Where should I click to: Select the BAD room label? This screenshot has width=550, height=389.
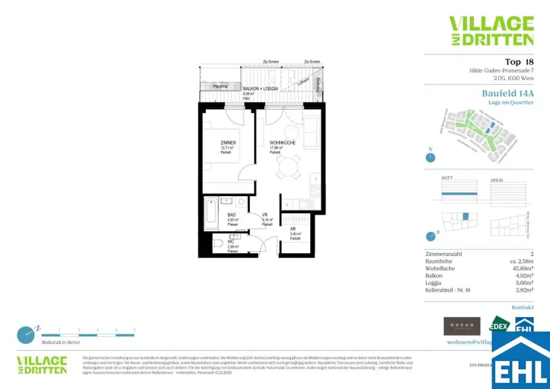click(x=231, y=214)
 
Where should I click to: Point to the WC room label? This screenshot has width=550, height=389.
click(x=231, y=242)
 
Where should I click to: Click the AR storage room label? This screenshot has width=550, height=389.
click(x=293, y=228)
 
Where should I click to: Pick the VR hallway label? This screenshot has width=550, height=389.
click(x=265, y=214)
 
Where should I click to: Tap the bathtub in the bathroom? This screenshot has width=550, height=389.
click(x=210, y=213)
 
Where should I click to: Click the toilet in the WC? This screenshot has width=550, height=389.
click(x=218, y=244)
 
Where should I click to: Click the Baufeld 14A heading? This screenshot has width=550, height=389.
click(x=508, y=93)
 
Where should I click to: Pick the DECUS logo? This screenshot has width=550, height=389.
click(x=462, y=326)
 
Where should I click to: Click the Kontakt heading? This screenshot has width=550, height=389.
click(x=523, y=307)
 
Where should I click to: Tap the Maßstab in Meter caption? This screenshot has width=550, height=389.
click(x=61, y=342)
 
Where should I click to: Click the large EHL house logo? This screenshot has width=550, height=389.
click(x=520, y=360)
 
